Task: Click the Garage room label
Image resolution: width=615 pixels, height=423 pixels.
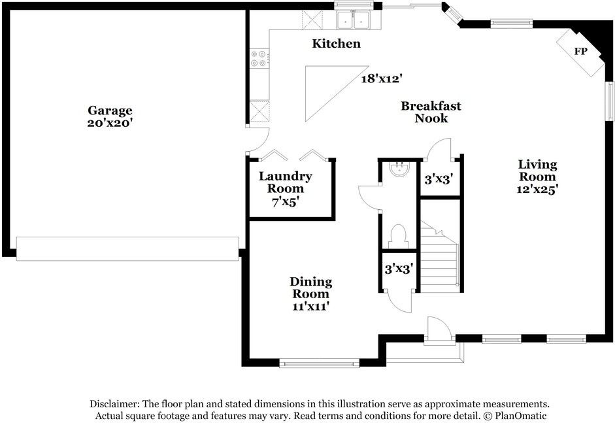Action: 110,110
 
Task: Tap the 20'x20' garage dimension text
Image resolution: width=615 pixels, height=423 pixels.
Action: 110,123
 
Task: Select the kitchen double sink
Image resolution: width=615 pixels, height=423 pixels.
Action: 353,20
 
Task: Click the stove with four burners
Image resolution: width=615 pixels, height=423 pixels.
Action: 259,58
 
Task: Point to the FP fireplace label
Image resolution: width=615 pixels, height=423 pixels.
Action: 580,52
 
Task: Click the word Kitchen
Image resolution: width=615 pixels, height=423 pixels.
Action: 336,43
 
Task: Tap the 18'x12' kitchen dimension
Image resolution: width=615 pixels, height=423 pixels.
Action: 382,79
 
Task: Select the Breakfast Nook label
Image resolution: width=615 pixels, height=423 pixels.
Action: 431,112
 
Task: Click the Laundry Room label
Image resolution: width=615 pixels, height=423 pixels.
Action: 286,182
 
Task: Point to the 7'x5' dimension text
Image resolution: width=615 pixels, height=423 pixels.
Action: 286,202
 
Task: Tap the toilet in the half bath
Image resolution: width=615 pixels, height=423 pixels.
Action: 399,237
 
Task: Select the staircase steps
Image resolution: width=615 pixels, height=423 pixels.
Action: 439,257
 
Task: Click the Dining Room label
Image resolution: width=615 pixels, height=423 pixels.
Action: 310,288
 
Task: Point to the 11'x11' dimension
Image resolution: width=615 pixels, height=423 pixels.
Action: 310,306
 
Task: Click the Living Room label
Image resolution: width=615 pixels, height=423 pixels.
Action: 537,170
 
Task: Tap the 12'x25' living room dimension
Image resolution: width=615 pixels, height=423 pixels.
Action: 537,189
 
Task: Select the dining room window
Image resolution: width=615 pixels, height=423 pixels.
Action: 320,363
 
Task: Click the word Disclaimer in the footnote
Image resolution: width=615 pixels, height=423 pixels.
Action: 114,404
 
